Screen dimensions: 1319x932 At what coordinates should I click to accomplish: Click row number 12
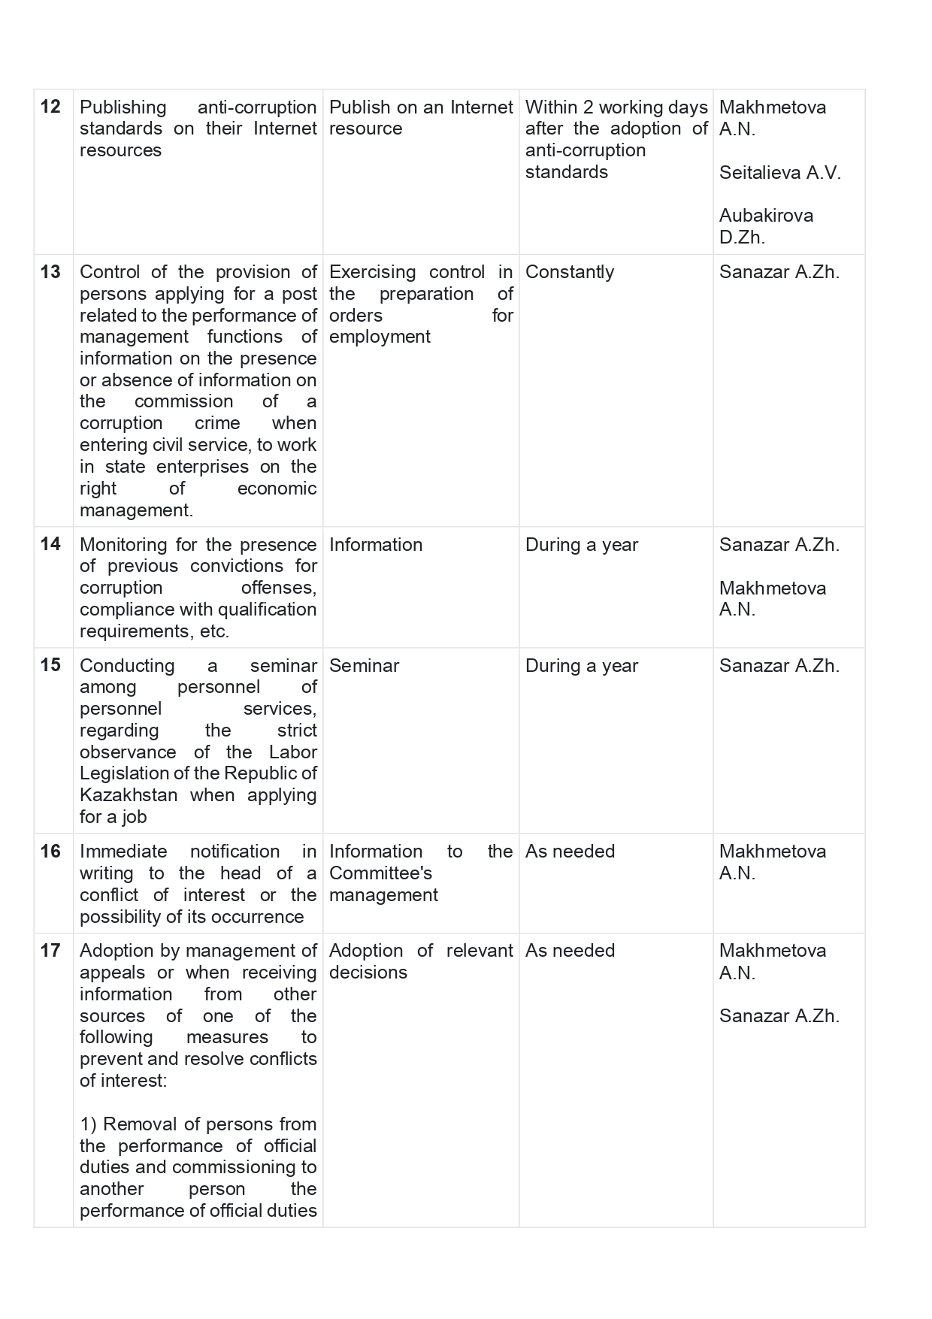(50, 107)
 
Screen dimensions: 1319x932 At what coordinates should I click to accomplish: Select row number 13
(50, 272)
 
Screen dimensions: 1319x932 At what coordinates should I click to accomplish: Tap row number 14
(50, 544)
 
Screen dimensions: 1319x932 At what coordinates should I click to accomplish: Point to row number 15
(50, 665)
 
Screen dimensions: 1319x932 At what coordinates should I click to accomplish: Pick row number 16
(50, 851)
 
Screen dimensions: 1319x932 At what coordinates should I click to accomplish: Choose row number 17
(50, 951)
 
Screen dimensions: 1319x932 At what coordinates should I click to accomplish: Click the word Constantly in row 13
(569, 272)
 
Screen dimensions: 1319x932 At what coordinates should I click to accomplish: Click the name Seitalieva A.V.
(779, 172)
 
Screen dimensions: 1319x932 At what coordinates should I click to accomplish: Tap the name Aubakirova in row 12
(765, 216)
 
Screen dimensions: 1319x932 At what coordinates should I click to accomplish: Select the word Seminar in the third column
(364, 666)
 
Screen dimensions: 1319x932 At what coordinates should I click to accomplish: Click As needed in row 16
(570, 852)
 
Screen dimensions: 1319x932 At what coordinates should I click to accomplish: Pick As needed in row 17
(570, 951)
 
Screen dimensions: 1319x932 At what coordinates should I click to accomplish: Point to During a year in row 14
(581, 545)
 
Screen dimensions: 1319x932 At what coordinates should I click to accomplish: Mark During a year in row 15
(581, 666)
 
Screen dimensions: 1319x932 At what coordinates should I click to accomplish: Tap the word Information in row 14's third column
(376, 545)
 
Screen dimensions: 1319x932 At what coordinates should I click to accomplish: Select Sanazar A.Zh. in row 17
(779, 1016)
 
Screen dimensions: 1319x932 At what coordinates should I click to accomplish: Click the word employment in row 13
(380, 337)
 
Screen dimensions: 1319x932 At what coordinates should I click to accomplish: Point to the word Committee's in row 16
(380, 873)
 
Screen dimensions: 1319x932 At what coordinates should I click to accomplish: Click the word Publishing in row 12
(123, 107)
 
